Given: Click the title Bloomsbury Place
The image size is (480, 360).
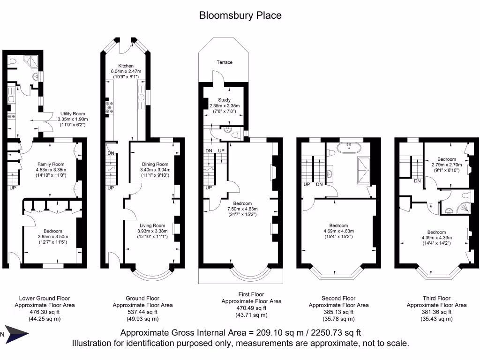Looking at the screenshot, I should point(240,15).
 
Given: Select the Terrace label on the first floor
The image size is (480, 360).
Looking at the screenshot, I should point(224,62).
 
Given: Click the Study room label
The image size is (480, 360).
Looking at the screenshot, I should point(224,100).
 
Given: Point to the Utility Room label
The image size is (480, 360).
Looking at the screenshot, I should point(72,113).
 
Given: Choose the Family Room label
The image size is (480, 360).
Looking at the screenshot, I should point(52,164).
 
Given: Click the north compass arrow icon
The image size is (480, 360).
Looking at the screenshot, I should point(15,334).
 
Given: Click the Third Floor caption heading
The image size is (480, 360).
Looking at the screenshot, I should point(436,298).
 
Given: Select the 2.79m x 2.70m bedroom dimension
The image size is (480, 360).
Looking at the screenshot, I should point(446,165).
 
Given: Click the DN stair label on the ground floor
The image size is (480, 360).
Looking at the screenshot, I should point(111,153).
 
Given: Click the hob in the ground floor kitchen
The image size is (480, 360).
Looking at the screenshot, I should point(110,106).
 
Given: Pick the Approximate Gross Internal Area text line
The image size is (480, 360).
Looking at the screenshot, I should point(240,333).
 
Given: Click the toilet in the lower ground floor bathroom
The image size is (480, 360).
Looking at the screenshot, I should point(13,61).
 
